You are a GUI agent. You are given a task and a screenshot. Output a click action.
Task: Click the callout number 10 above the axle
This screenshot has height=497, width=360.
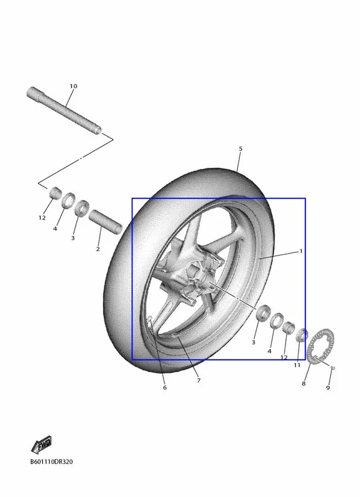pos(73,86)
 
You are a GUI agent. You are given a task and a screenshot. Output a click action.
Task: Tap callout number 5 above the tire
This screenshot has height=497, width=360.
pos(241,148)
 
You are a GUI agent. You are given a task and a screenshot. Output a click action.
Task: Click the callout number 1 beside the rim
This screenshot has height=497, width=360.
pos(301,251)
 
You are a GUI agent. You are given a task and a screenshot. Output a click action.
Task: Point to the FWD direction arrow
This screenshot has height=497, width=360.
pos(42,445)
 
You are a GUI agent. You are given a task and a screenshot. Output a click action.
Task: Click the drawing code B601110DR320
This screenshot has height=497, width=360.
pos(52,462)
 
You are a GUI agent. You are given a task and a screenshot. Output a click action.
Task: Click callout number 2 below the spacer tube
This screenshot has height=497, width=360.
pos(98,249)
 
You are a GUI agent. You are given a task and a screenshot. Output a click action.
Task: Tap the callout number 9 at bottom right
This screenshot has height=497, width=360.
pos(328,388)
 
